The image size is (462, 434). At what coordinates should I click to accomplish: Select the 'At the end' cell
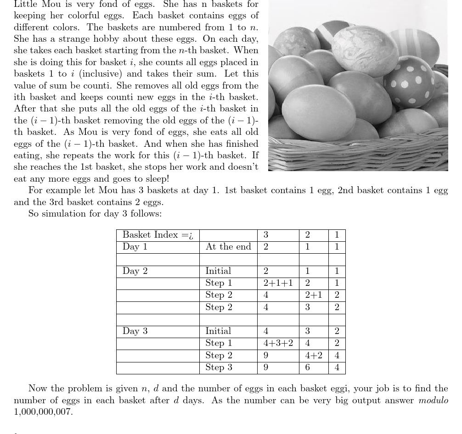tap(228, 247)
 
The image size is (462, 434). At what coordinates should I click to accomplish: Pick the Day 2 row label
tap(135, 271)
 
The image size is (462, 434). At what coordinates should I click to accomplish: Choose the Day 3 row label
tap(135, 331)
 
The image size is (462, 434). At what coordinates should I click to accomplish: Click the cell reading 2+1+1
tap(278, 283)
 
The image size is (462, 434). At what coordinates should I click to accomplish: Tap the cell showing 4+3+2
tap(278, 343)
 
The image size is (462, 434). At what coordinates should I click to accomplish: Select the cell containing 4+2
tap(314, 355)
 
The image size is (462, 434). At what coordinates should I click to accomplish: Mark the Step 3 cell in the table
tap(219, 367)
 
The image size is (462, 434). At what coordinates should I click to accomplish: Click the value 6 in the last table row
tap(308, 367)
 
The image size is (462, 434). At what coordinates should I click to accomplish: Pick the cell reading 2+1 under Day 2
tap(314, 295)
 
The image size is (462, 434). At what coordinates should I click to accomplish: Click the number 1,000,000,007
tap(43, 412)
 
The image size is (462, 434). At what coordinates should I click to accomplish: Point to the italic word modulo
tap(433, 400)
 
